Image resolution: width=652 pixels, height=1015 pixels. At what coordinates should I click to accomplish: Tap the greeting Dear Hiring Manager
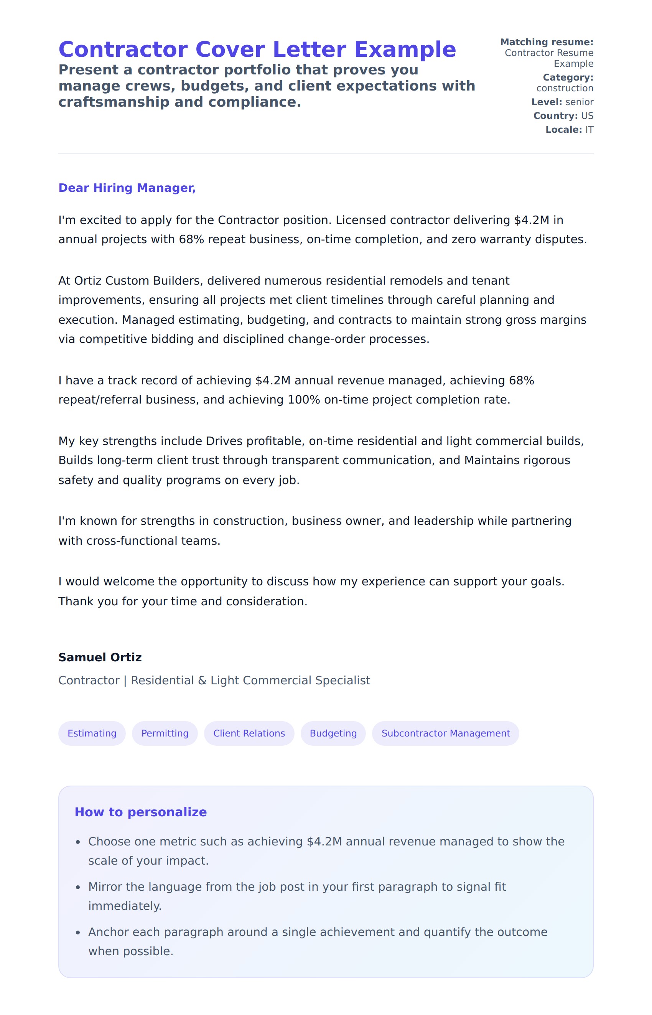127,188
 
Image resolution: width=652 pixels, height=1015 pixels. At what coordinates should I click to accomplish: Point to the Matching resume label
547,42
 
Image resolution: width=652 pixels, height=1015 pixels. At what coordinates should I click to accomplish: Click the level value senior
579,102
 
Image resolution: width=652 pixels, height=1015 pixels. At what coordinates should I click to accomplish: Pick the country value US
587,115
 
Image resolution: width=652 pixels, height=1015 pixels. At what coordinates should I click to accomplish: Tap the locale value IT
589,130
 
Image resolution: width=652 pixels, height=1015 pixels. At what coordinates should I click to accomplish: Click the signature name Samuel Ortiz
100,657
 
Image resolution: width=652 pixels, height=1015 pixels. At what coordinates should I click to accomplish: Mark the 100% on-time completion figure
303,400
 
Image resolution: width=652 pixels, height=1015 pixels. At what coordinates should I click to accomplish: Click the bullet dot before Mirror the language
78,888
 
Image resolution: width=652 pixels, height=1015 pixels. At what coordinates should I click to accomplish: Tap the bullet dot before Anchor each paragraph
78,933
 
